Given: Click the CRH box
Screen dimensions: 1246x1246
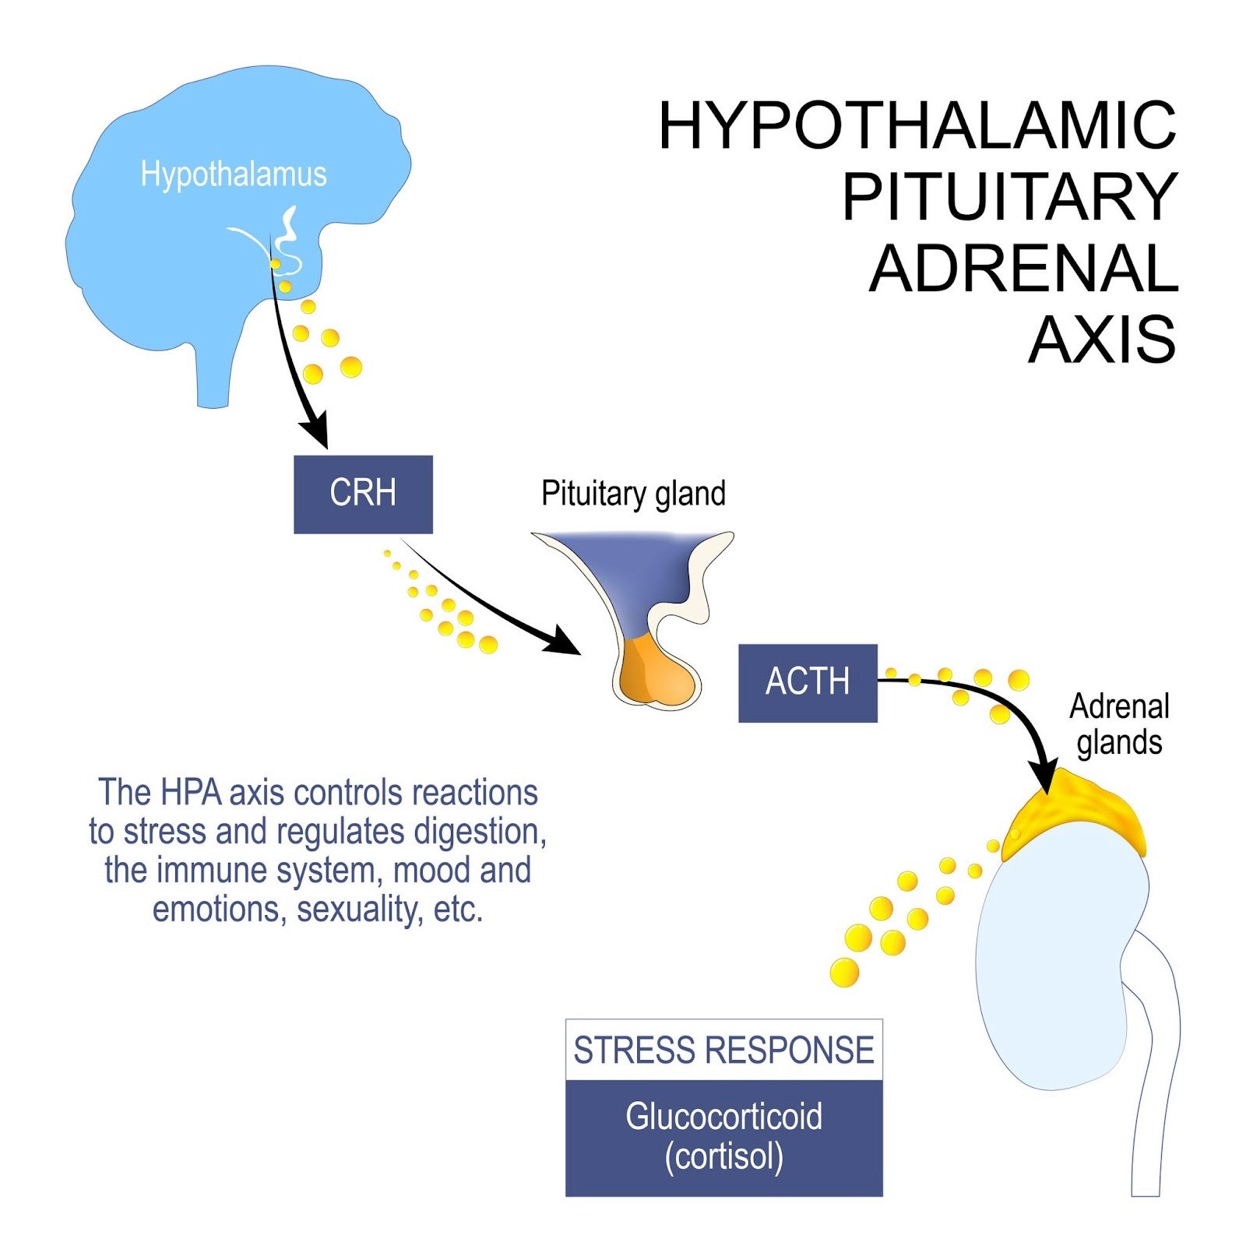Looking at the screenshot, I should [363, 494].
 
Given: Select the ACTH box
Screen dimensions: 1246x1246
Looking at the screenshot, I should [808, 682].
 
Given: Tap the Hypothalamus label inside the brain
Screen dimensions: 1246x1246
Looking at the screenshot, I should [234, 174].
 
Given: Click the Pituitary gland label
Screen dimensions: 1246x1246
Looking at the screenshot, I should [633, 494].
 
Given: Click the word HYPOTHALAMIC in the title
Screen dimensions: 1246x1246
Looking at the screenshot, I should [917, 125].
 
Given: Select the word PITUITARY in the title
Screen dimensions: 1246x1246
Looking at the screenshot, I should [1010, 197].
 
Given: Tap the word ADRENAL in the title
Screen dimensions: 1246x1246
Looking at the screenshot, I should [1023, 269].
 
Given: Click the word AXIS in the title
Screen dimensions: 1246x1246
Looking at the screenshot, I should [1102, 340].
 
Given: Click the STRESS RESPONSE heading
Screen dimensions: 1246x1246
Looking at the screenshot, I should [723, 1050].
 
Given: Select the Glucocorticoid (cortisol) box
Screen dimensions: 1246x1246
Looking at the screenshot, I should [723, 1137].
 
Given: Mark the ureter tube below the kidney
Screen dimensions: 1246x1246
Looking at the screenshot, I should [1153, 1106].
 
